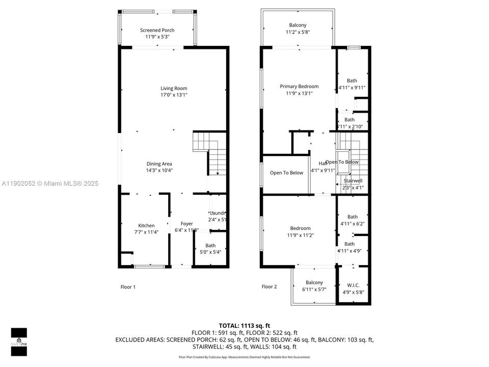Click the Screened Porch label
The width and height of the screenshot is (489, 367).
click(x=157, y=31)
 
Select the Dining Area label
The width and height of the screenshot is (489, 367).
click(x=159, y=164)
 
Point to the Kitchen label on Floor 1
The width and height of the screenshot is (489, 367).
click(x=146, y=225)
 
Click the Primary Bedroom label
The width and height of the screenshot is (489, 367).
click(x=299, y=86)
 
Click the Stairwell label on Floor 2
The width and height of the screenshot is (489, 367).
click(x=352, y=181)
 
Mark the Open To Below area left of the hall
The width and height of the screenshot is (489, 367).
click(x=286, y=173)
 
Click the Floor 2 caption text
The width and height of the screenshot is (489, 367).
click(x=269, y=286)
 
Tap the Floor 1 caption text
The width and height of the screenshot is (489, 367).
click(x=128, y=286)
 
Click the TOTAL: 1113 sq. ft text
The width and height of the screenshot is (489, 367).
click(x=244, y=325)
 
